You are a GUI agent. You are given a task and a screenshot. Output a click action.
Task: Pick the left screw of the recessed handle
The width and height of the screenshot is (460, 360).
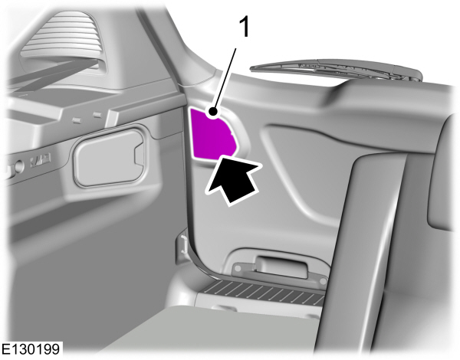tap(238, 267)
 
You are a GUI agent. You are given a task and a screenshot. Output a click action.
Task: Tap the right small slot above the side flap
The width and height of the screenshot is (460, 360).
tap(97, 115)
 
